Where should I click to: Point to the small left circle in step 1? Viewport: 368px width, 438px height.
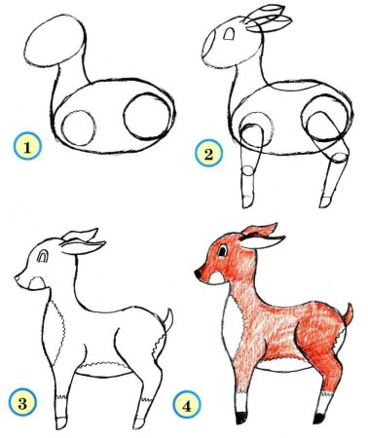(78, 127)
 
